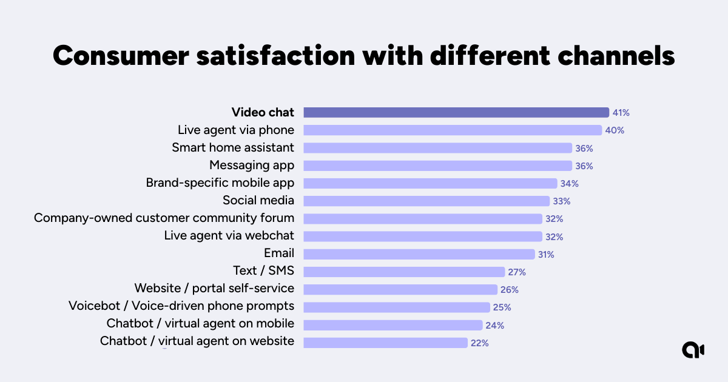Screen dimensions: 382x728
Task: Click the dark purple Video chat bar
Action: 456,112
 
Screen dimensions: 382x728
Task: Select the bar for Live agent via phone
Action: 452,130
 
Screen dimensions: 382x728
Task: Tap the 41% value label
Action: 621,113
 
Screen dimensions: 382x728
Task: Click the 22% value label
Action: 479,343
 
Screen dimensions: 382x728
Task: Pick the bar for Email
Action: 419,254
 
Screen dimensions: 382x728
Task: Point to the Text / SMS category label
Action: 263,271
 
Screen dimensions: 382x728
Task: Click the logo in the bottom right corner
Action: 692,350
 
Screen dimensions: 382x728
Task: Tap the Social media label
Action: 258,201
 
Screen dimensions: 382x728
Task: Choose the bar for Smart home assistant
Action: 437,148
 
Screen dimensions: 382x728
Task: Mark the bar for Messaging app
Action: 437,166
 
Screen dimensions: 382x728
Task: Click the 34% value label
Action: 568,184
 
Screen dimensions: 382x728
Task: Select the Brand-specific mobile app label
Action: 220,183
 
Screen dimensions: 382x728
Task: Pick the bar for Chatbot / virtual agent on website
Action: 385,343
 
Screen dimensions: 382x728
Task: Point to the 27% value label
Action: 517,272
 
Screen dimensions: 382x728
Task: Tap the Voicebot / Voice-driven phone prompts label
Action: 181,306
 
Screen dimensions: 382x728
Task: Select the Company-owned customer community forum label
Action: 164,218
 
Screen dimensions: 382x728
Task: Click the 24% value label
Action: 494,326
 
